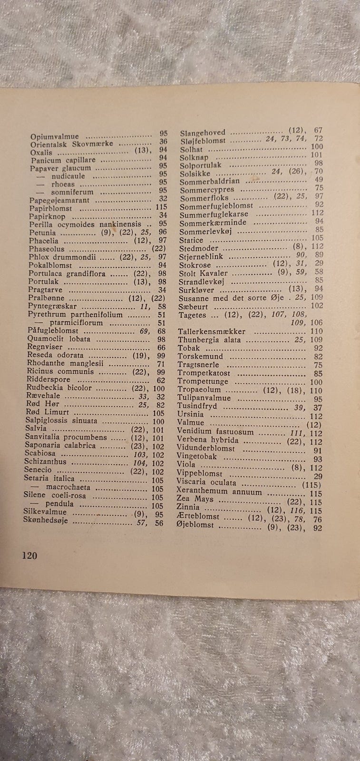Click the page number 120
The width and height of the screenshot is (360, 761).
29,555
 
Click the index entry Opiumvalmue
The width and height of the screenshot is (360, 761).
54,137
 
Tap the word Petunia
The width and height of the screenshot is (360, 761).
42,233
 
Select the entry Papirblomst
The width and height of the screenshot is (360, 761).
50,208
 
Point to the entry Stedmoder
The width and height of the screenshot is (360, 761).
198,248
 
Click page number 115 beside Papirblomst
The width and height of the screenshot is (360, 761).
162,208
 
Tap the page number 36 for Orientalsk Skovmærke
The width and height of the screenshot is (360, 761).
163,142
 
